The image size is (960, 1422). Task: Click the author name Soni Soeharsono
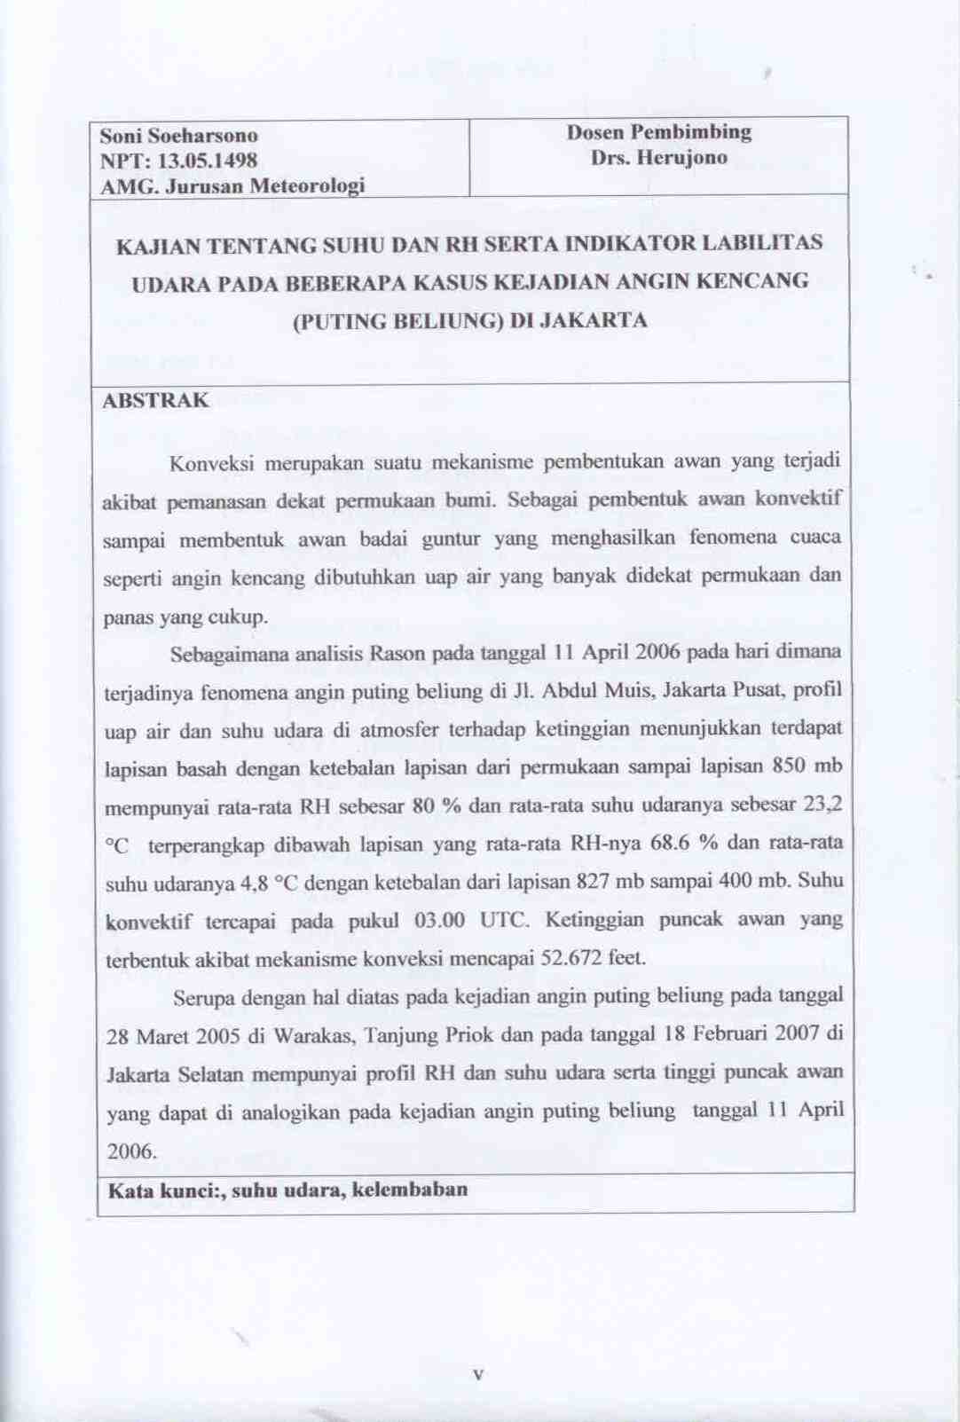point(178,136)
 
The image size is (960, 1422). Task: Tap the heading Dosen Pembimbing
point(658,132)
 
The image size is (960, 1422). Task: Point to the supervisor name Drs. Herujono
point(658,158)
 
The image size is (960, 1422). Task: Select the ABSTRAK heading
point(155,399)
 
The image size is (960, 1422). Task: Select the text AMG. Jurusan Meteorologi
point(232,186)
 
